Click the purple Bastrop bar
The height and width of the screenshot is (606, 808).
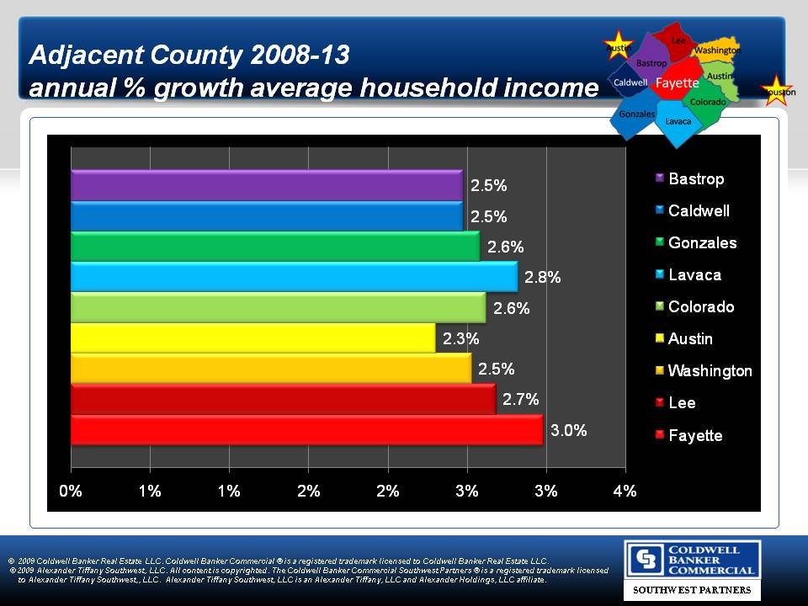[x=266, y=185]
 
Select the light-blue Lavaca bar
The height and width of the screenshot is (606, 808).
[x=294, y=277]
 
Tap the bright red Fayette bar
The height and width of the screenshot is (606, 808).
[x=306, y=430]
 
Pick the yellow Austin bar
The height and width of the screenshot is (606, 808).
[x=252, y=338]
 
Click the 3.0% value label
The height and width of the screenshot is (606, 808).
[x=569, y=431]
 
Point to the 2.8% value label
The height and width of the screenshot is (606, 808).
[x=542, y=277]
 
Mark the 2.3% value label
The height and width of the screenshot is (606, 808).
[x=461, y=339]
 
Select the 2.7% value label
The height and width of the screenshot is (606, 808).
[x=520, y=400]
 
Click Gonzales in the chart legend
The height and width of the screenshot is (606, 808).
[x=702, y=243]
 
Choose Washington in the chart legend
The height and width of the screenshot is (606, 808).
[x=710, y=371]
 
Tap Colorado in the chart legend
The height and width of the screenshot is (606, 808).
[x=700, y=307]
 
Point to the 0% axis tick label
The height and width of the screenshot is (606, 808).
[x=71, y=492]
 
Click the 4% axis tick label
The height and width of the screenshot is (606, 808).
[x=625, y=492]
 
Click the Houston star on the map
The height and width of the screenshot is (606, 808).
[x=775, y=90]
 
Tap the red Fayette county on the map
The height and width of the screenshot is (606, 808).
[x=678, y=82]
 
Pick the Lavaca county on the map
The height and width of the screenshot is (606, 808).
[x=678, y=121]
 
